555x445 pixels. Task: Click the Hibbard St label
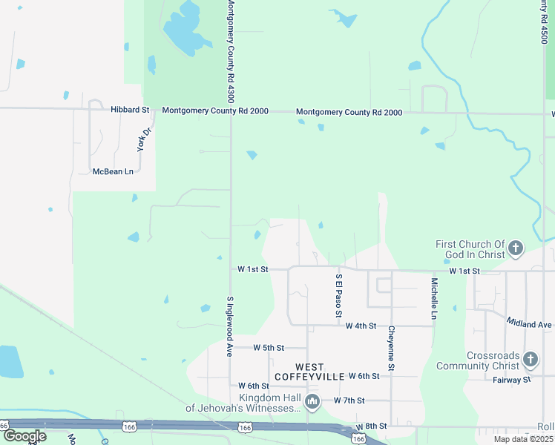[130, 109]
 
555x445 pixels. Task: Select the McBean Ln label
[112, 171]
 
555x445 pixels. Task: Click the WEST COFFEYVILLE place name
[309, 372]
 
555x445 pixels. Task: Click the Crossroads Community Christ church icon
[530, 360]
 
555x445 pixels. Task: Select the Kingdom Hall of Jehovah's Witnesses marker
[312, 403]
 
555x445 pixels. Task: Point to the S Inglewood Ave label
[230, 317]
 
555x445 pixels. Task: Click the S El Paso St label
[338, 294]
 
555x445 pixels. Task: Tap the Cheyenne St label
[391, 348]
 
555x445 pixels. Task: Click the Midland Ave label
[530, 324]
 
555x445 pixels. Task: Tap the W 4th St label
[362, 326]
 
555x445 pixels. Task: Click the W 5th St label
[269, 347]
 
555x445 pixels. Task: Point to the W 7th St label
[349, 400]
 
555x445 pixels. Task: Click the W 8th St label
[372, 427]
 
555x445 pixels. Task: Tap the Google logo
[24, 436]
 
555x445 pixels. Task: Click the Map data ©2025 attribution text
[522, 439]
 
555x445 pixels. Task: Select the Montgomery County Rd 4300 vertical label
[230, 51]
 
